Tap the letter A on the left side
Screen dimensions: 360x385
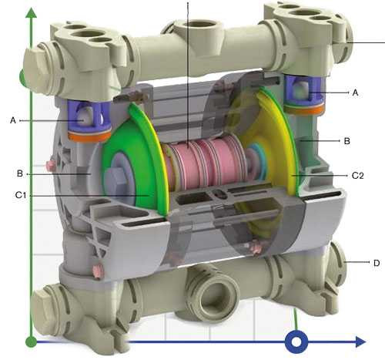pyautogui.click(x=13, y=120)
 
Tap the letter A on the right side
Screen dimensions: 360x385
pyautogui.click(x=354, y=93)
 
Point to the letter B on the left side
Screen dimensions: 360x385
pyautogui.click(x=20, y=171)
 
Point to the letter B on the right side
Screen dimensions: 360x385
pyautogui.click(x=346, y=141)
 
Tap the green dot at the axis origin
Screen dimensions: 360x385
pyautogui.click(x=29, y=340)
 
